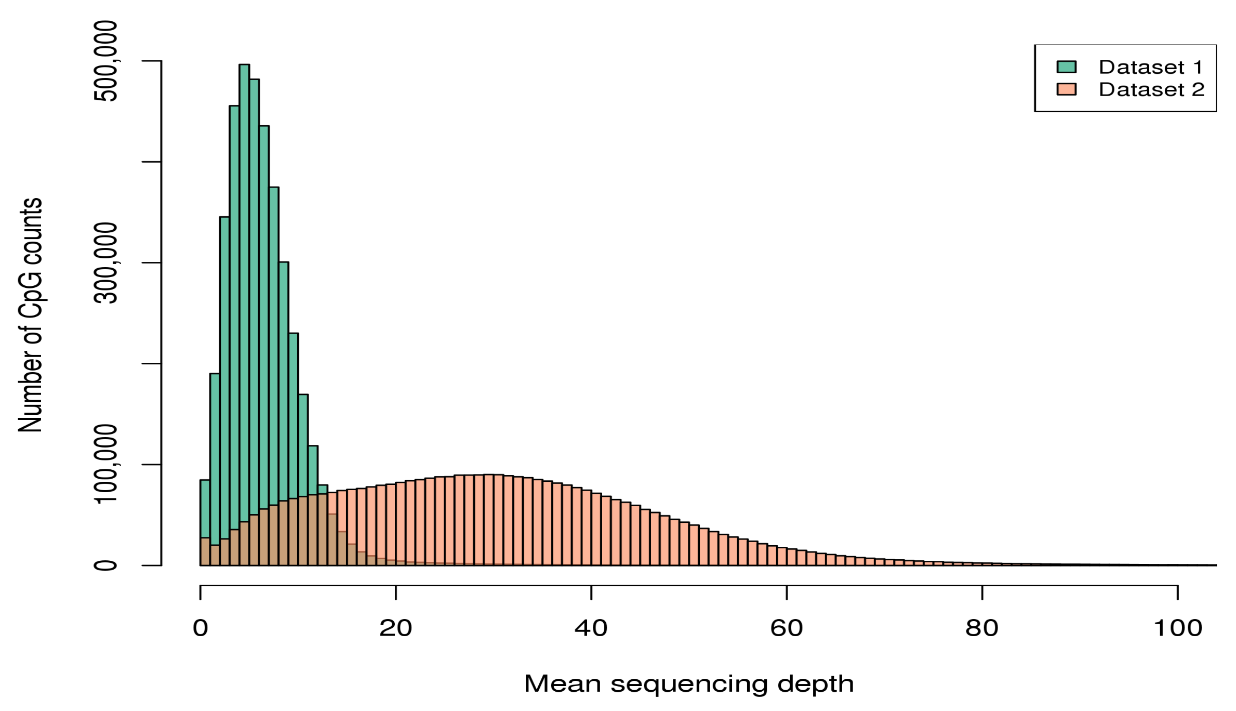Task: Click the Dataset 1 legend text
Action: point(1150,67)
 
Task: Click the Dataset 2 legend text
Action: point(1151,89)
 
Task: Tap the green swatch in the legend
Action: point(1066,67)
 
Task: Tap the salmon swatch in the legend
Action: point(1066,89)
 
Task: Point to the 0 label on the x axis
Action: point(200,628)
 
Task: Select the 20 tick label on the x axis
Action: point(395,628)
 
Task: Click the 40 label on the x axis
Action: point(591,628)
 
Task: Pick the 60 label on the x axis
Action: point(786,628)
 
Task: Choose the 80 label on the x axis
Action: point(981,628)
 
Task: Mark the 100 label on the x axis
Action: point(1177,628)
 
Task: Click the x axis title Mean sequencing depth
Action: point(688,684)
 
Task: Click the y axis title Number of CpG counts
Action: point(30,315)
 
